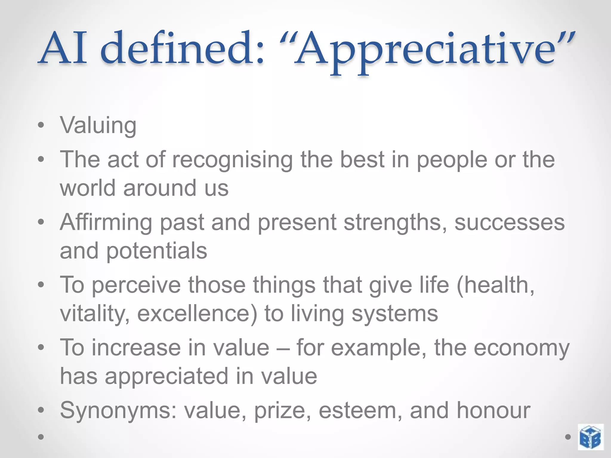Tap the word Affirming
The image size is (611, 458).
coord(106,222)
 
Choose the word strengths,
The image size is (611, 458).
coord(395,222)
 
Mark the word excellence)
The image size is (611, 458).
coord(197,314)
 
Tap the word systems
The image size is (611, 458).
coord(395,314)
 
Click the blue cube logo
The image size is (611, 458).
coord(590,437)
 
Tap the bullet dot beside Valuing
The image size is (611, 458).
coord(41,125)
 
